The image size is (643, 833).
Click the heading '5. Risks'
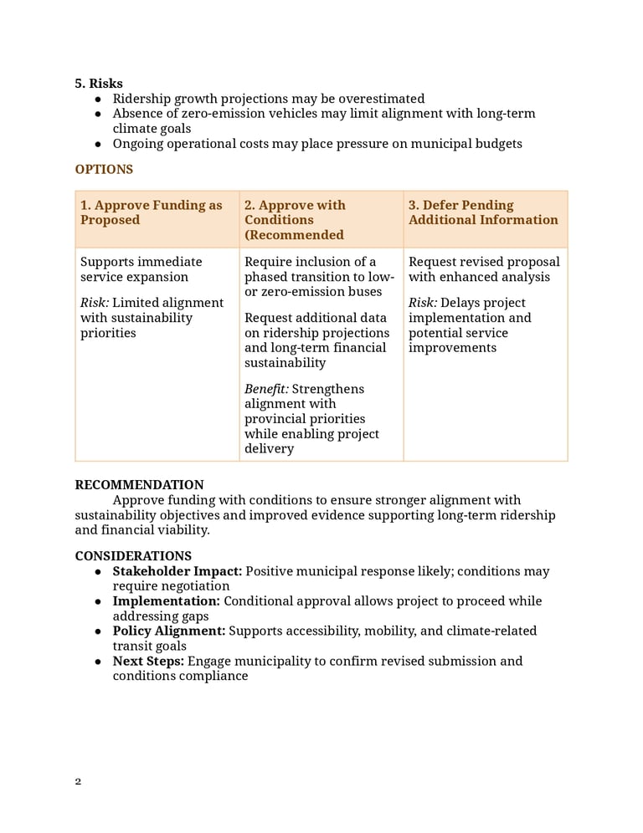[99, 84]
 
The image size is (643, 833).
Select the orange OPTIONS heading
[104, 170]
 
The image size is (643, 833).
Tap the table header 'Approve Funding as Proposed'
[152, 212]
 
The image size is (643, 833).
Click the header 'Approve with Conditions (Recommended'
[295, 220]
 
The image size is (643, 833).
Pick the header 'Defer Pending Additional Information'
[483, 212]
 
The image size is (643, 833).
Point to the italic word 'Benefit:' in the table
[266, 389]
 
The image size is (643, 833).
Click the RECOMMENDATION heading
[139, 485]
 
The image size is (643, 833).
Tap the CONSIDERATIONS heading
[133, 556]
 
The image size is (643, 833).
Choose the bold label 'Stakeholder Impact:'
[177, 571]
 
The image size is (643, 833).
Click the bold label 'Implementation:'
[167, 601]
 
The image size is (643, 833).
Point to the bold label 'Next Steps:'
[148, 661]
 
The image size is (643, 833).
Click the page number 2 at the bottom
[78, 782]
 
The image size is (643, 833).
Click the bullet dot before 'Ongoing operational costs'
[98, 144]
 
